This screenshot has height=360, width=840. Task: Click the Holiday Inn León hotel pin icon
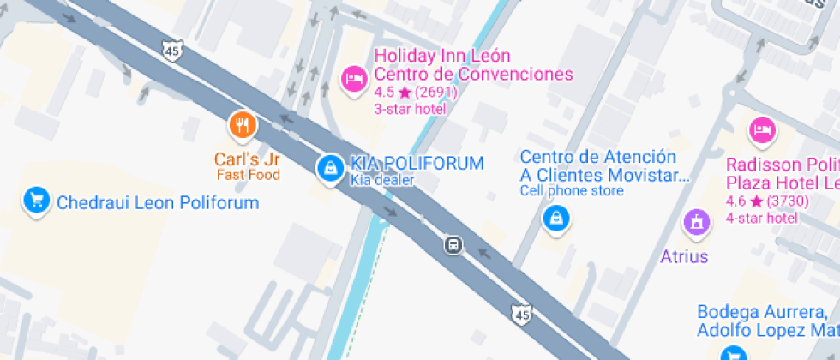click(353, 80)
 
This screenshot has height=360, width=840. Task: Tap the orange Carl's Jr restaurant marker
click(243, 126)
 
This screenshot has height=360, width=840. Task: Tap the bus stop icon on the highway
click(453, 245)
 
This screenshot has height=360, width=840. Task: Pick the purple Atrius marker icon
click(697, 224)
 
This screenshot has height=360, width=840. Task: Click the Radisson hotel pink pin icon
click(762, 130)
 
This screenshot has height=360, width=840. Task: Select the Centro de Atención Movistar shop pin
click(556, 218)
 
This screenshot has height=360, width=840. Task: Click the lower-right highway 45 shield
click(520, 316)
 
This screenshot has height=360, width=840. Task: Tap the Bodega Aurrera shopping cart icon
click(733, 352)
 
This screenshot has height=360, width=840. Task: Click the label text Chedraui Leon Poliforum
click(158, 203)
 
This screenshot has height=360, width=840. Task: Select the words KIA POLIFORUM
click(417, 163)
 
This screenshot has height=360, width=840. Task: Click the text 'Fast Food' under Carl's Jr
click(249, 175)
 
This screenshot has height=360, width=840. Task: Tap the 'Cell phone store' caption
click(572, 190)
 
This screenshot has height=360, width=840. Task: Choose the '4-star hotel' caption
click(761, 218)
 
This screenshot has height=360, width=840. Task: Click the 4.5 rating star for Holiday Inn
click(405, 93)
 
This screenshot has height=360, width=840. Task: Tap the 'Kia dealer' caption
click(382, 180)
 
